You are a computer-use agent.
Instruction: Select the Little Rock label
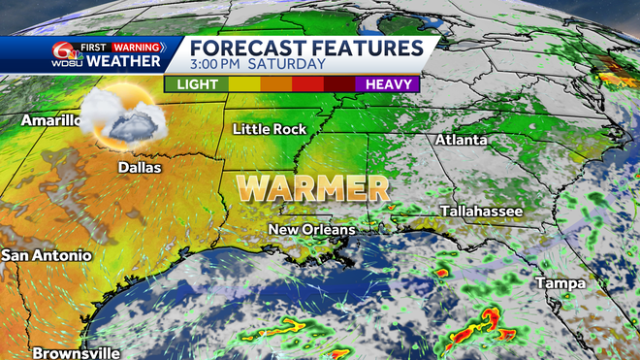point(270,129)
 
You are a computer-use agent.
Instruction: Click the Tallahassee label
point(481,211)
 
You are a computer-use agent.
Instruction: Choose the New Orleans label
point(311,230)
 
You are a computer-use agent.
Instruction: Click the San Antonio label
point(47,255)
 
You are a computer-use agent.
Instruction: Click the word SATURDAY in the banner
point(288,65)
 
